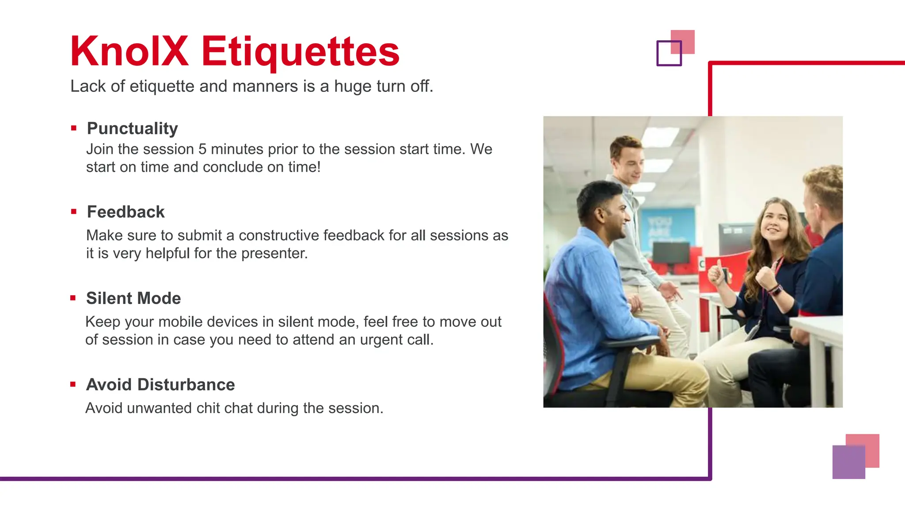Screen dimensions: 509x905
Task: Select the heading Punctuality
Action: coord(132,129)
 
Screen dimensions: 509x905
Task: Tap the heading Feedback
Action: coord(125,212)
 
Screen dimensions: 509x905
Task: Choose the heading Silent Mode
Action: coord(133,298)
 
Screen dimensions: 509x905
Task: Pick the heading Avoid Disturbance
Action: coord(160,384)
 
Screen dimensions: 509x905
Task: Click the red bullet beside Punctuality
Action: coord(74,129)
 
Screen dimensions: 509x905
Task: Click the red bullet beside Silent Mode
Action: coord(73,298)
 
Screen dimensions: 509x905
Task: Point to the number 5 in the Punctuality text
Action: coord(202,149)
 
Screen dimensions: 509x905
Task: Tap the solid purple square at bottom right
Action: coord(848,462)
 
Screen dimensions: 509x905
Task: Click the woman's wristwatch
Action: coord(776,290)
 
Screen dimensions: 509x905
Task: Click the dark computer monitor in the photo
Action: coord(671,253)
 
